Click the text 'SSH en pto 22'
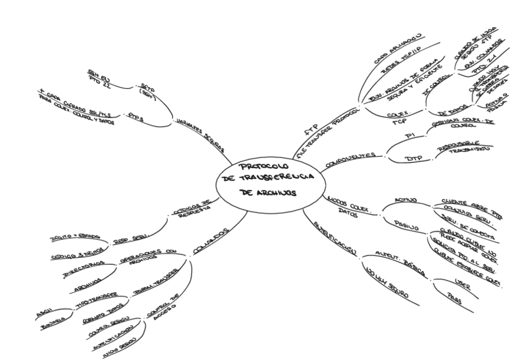100,78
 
